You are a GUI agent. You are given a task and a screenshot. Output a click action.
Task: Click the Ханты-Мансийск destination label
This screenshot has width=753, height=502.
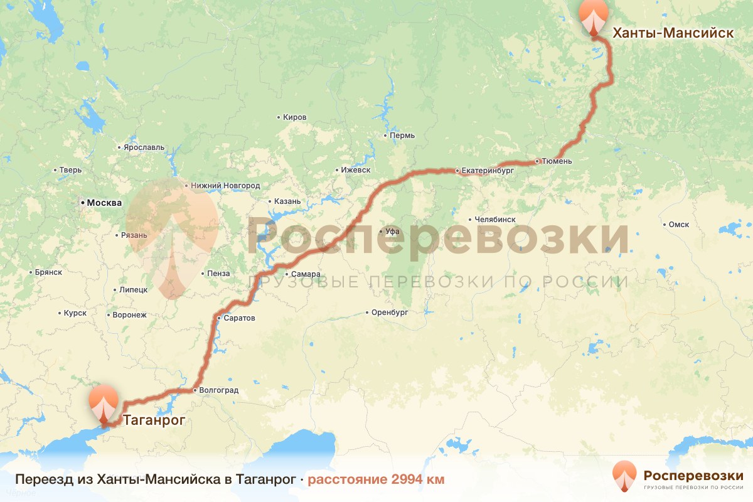673,33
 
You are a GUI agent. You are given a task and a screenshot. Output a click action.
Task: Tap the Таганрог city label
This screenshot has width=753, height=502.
154,420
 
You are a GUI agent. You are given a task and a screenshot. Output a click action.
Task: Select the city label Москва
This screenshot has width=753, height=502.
104,203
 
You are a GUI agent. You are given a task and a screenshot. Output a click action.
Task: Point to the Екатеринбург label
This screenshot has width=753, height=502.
488,170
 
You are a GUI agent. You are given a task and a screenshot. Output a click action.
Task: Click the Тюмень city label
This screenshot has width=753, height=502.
557,161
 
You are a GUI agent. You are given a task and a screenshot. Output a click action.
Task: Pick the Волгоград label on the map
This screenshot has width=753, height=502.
218,390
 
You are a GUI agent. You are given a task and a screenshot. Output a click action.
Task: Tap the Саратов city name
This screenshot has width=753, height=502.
239,318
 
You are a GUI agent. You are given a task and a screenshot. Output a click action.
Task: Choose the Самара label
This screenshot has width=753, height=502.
306,274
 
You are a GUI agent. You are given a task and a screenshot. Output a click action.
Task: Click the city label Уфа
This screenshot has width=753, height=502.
392,232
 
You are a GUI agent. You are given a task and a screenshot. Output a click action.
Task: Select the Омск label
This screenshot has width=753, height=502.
679,225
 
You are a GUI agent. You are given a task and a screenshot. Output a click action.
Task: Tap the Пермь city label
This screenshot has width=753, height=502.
402,136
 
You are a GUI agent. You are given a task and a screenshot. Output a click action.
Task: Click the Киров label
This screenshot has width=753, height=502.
295,117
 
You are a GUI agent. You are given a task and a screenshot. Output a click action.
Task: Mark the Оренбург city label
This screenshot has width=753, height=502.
390,312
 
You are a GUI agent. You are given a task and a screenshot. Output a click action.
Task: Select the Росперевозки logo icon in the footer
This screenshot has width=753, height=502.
625,475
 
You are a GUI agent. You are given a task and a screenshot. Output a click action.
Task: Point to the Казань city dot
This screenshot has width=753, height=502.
270,202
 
